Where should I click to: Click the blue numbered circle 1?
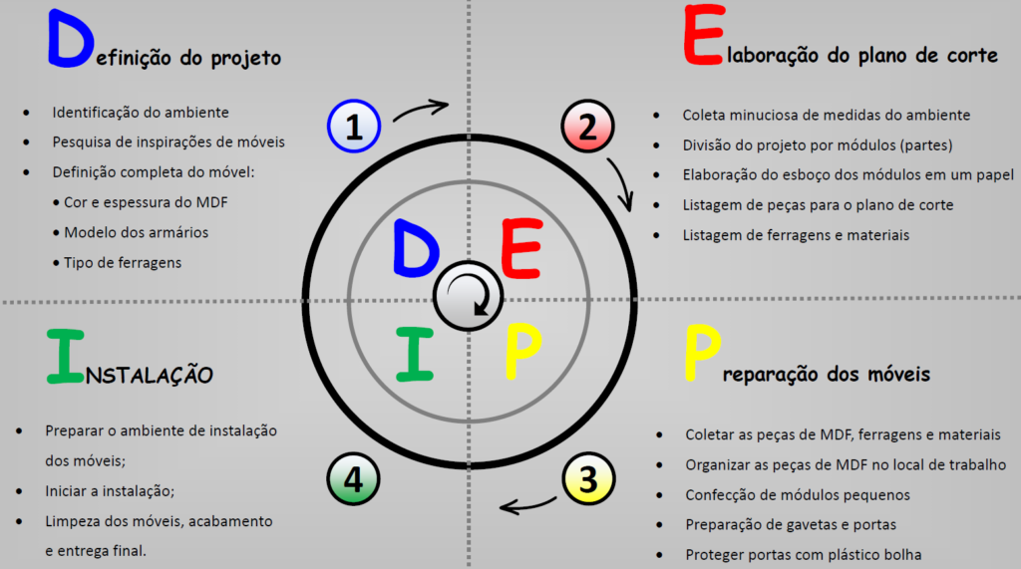[x=353, y=127]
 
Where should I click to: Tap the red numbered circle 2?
[x=587, y=127]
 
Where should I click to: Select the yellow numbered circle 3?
[x=587, y=481]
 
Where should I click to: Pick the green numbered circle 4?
[x=353, y=481]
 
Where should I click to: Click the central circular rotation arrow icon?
[x=468, y=296]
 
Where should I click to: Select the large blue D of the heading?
[x=68, y=41]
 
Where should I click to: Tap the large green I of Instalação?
[x=64, y=356]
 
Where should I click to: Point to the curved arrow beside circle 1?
[x=422, y=109]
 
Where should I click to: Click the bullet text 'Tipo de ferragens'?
[x=123, y=262]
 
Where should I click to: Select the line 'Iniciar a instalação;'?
[x=110, y=491]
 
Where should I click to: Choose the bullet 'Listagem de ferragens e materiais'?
[x=796, y=235]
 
